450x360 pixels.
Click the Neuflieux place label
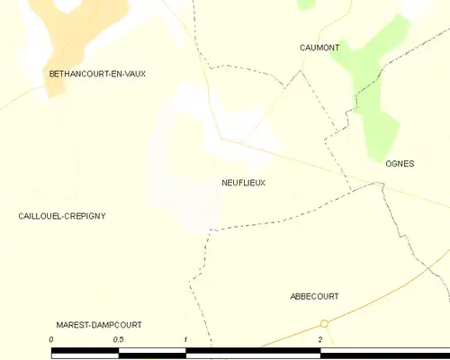click(243, 182)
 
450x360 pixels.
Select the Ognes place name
click(399, 164)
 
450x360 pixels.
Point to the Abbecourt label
click(314, 296)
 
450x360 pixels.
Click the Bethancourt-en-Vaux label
click(97, 74)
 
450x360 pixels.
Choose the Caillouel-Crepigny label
click(62, 216)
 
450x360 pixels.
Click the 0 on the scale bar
click(52, 339)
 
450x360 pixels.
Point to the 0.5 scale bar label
click(118, 339)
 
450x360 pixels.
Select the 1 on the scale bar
click(185, 339)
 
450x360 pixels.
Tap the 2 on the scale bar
click(319, 339)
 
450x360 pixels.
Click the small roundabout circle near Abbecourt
click(325, 324)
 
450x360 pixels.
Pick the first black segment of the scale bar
click(85, 354)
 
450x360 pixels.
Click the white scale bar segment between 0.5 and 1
click(151, 354)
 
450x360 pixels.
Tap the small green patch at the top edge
click(306, 4)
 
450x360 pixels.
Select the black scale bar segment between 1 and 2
click(252, 354)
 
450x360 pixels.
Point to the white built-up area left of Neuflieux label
click(180, 171)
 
